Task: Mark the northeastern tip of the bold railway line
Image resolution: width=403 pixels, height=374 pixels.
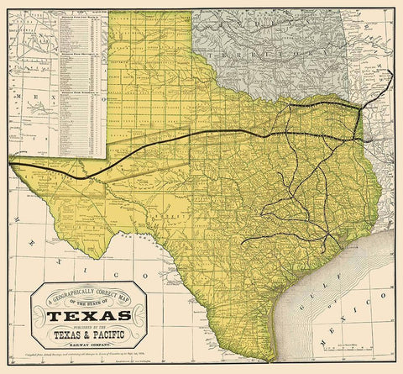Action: tap(392, 71)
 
